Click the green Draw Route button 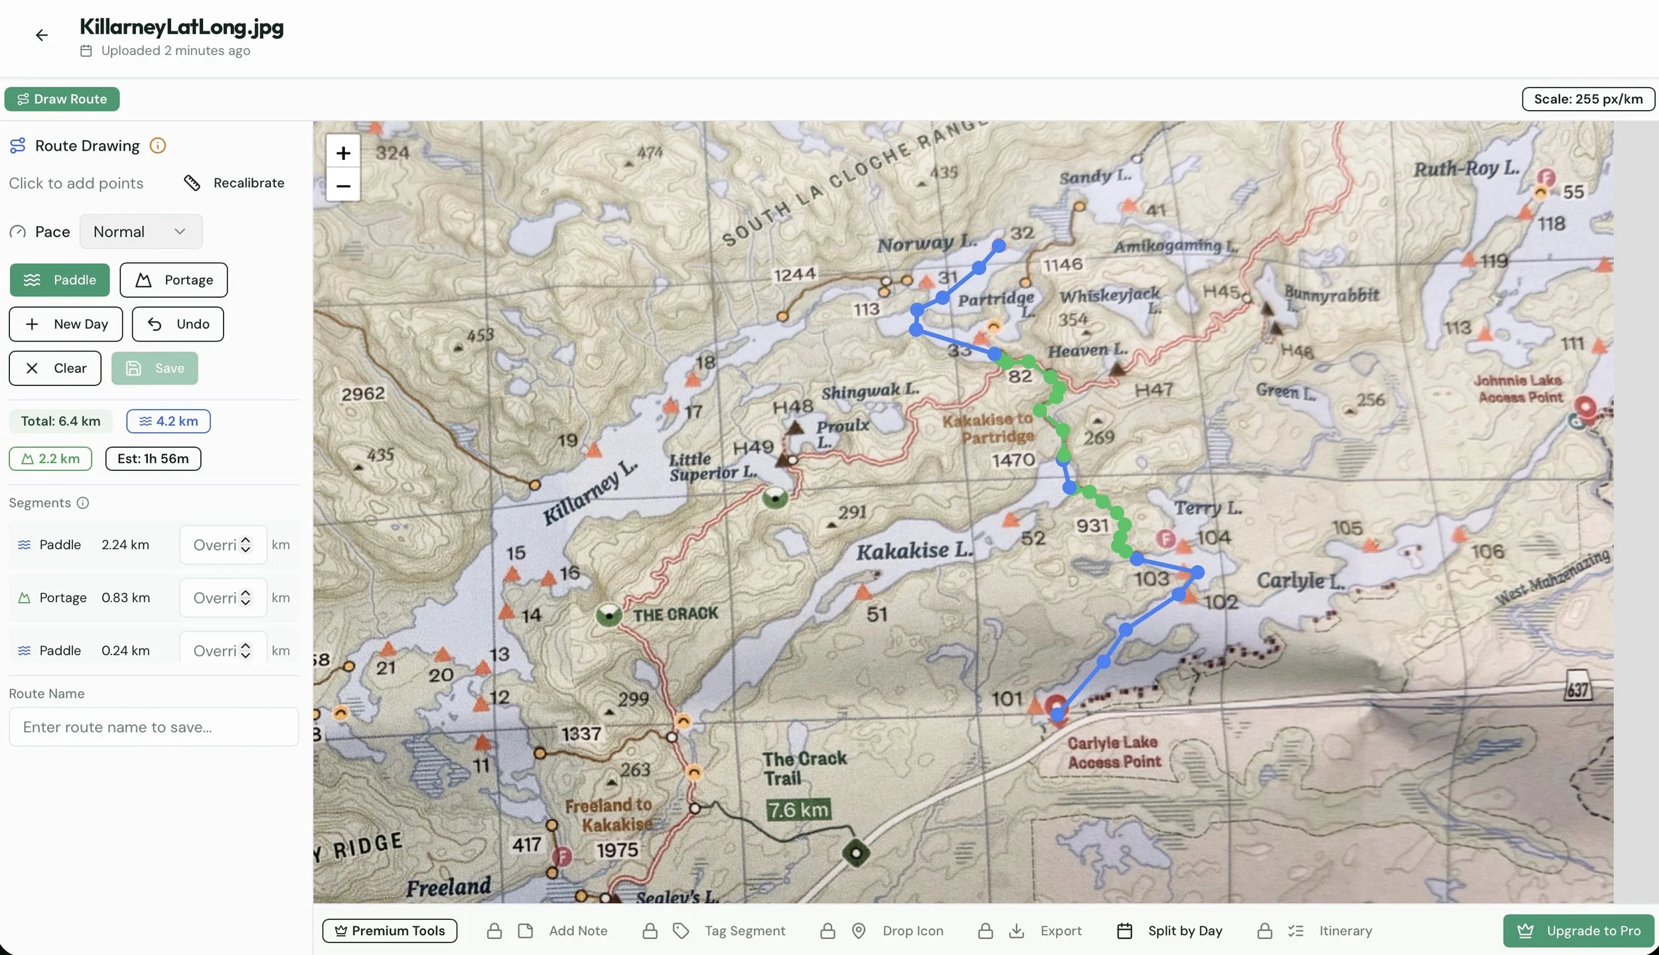(62, 99)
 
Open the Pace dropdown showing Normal (141, 231)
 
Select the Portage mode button (174, 280)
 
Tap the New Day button (66, 324)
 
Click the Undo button (178, 324)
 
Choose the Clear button (55, 368)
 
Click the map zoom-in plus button (343, 153)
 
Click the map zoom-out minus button (343, 186)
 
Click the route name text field (153, 727)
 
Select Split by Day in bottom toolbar (1171, 930)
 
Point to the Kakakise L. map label (914, 550)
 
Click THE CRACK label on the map (675, 614)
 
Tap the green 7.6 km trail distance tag (798, 810)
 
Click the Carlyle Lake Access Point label (1114, 752)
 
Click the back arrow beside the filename (42, 35)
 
